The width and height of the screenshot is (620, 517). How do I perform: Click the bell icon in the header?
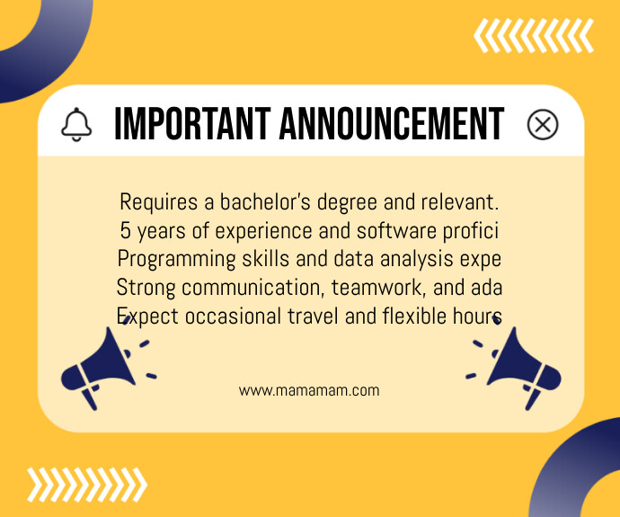click(76, 124)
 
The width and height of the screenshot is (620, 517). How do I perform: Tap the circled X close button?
click(542, 124)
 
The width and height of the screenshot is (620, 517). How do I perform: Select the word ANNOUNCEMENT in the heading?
click(392, 124)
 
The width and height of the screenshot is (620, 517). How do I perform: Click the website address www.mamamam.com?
click(309, 391)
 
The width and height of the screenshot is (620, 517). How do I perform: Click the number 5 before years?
click(125, 230)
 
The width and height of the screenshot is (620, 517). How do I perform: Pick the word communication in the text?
click(253, 288)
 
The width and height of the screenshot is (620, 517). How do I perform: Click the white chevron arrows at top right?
click(534, 36)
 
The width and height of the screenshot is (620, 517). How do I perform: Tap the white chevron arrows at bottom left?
click(86, 485)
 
